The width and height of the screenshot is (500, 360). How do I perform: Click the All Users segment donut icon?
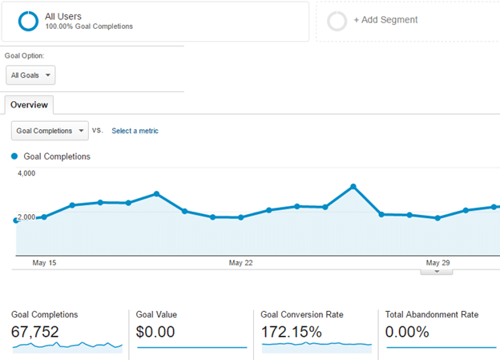click(x=28, y=21)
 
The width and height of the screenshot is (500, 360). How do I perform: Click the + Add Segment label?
click(x=385, y=20)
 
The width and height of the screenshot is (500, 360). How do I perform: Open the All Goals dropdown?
click(x=30, y=75)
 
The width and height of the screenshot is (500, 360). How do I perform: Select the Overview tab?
click(x=29, y=105)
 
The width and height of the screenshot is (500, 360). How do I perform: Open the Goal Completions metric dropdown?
click(x=50, y=131)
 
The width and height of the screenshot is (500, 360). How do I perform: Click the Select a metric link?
click(x=135, y=131)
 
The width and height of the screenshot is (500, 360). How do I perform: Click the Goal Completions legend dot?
click(x=14, y=156)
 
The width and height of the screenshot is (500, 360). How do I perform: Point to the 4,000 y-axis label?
click(x=26, y=173)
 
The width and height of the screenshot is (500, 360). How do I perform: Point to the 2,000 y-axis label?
click(x=26, y=217)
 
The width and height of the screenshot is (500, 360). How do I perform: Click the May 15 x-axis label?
click(x=44, y=263)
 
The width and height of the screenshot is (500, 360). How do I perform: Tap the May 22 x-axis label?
click(x=240, y=263)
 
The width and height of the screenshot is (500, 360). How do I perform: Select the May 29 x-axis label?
click(x=438, y=263)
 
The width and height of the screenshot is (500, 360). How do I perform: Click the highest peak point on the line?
click(x=353, y=187)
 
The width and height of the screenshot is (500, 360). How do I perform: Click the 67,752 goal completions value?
click(x=35, y=331)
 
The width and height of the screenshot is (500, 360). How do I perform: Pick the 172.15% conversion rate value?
click(x=292, y=331)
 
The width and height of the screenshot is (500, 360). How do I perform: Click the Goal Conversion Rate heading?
click(x=302, y=315)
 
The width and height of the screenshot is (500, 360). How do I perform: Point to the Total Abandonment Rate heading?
click(x=432, y=315)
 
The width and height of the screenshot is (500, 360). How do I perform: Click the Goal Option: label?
click(x=25, y=56)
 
